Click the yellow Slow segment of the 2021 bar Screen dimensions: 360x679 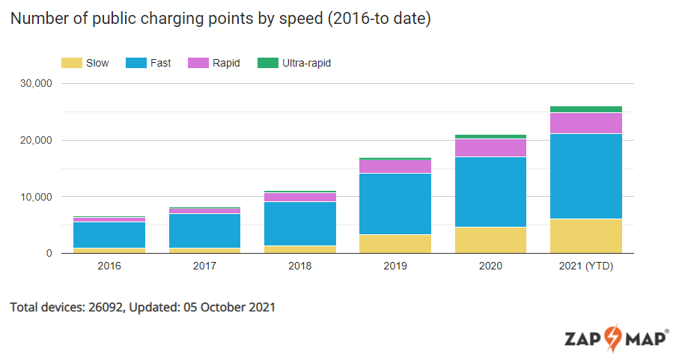click(x=586, y=236)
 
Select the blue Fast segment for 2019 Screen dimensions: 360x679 click(x=395, y=204)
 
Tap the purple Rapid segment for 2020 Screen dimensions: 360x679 click(x=490, y=147)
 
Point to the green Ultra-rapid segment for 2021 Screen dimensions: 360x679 click(x=586, y=109)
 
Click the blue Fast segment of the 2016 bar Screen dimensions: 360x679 click(x=109, y=234)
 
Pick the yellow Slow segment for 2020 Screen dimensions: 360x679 click(x=490, y=240)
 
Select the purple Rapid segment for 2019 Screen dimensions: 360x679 click(x=395, y=166)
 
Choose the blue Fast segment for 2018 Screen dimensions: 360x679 click(x=300, y=223)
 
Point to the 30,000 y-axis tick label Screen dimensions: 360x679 click(x=36, y=83)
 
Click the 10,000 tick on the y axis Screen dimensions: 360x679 click(x=36, y=197)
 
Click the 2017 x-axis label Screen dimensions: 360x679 click(x=204, y=267)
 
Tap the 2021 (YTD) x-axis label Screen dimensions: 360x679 click(x=586, y=267)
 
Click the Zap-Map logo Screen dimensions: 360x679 click(x=617, y=338)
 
